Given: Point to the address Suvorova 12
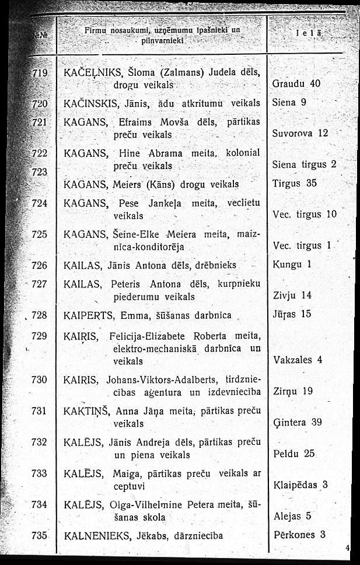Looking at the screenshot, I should [x=300, y=133].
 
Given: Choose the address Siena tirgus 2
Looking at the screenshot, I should [x=305, y=164].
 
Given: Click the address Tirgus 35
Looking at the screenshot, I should [x=294, y=183].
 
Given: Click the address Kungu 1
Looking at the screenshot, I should [x=291, y=265].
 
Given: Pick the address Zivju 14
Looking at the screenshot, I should [x=292, y=295].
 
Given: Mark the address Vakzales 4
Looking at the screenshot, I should [x=298, y=359].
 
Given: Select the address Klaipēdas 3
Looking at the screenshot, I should [x=300, y=485].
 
